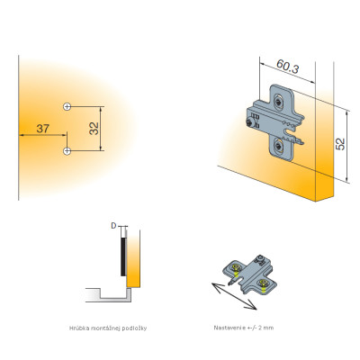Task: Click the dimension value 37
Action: [42, 129]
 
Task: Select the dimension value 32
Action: [94, 129]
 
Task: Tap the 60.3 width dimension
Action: [288, 67]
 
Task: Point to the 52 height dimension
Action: [340, 144]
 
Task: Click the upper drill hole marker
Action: [67, 106]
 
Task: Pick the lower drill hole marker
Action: [67, 150]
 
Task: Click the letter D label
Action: [113, 226]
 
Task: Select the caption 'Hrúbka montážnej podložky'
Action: [108, 328]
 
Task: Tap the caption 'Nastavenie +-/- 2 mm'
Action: [244, 328]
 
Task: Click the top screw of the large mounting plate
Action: [279, 102]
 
